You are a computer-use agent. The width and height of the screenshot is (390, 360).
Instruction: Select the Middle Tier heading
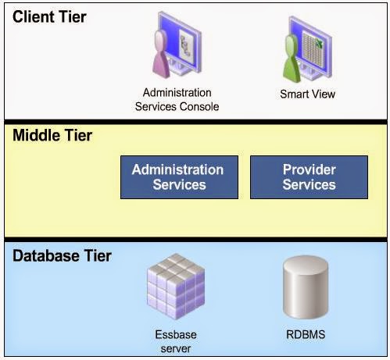click(52, 135)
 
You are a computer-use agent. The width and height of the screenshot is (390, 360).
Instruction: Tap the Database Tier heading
click(63, 255)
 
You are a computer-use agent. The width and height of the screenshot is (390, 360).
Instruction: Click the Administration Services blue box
click(177, 177)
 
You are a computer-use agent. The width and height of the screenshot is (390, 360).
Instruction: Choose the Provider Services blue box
click(309, 177)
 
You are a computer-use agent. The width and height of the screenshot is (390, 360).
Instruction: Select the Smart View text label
click(307, 94)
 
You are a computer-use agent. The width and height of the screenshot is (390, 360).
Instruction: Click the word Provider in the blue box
click(309, 169)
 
